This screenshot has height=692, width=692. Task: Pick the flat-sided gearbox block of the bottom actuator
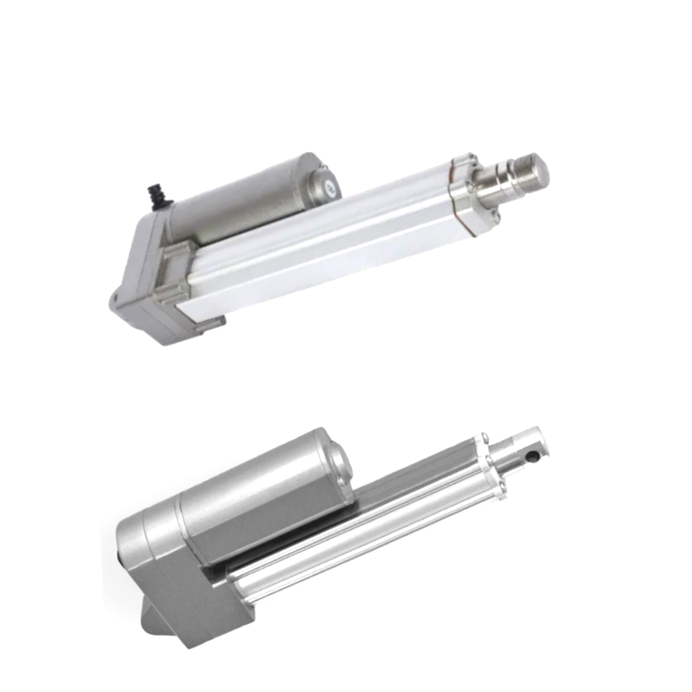[194, 595]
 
